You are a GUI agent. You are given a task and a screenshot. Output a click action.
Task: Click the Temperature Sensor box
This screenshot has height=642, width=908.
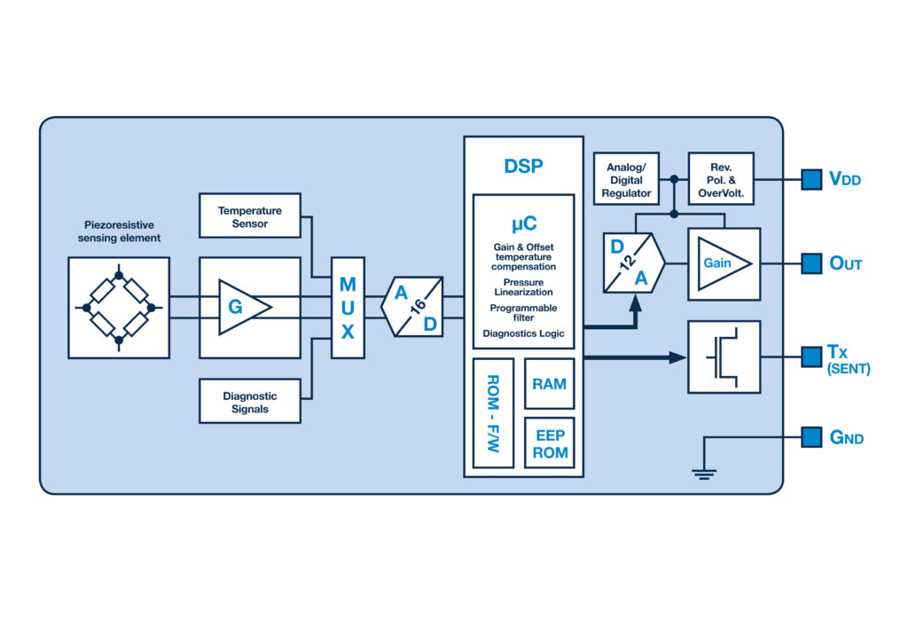coord(249,215)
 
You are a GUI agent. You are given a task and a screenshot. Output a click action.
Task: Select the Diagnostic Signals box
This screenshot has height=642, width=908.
coord(249,401)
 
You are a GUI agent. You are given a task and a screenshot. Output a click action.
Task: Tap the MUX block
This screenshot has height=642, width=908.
coord(348,308)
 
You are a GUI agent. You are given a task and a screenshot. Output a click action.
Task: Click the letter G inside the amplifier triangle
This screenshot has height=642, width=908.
coord(235,307)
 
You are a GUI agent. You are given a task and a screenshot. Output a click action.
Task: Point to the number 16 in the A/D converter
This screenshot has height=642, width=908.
coord(419,305)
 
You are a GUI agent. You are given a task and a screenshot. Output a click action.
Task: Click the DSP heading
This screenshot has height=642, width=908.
coord(523,166)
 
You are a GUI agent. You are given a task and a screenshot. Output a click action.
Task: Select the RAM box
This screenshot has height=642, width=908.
coord(549,384)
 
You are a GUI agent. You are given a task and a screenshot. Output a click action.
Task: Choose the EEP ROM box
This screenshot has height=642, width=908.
coord(549,442)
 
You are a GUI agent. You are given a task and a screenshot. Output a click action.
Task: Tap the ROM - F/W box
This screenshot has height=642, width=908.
coord(493,412)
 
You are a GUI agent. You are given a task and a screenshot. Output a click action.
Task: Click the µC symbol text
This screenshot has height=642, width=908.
coord(524,223)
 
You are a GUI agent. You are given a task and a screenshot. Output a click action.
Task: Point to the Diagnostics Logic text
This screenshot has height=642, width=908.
coord(523,333)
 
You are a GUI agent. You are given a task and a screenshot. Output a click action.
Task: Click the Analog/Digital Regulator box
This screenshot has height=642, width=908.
coord(626,179)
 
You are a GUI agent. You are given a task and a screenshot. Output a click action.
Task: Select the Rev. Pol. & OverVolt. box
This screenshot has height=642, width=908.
coord(721,179)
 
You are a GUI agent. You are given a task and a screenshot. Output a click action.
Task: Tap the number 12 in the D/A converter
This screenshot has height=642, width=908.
coord(627,262)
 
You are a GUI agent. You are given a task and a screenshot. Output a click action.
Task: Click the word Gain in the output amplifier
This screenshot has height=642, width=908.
coord(716,263)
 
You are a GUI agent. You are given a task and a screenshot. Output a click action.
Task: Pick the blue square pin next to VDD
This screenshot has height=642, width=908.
coord(811,179)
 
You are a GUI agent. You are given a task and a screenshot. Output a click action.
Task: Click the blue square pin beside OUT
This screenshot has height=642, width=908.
coord(811,263)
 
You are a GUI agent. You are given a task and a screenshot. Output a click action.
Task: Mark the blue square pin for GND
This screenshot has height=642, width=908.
coord(811,437)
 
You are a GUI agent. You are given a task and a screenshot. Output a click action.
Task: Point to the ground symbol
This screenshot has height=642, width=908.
coord(703,474)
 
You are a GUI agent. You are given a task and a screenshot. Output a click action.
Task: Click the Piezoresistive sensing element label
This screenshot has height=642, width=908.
coord(119,231)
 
